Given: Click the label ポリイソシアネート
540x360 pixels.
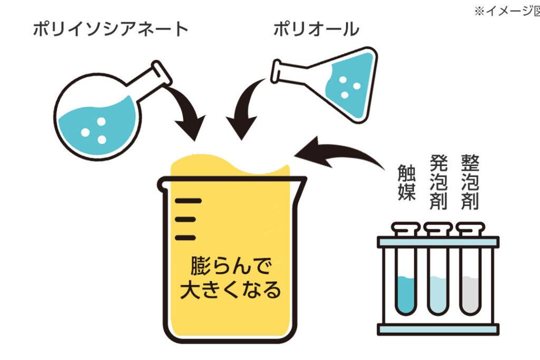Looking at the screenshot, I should (110, 30).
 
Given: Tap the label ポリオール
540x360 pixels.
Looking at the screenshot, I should (315, 30).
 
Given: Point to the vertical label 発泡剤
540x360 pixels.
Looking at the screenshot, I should (438, 182).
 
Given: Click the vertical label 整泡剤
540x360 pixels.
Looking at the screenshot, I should (469, 182).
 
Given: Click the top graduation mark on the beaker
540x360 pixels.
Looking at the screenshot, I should (188, 200).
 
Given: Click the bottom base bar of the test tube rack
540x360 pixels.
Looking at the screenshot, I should (438, 329).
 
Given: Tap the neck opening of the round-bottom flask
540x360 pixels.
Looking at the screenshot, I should (162, 73).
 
